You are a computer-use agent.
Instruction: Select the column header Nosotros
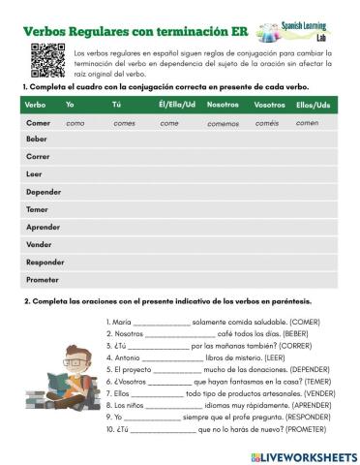pyautogui.click(x=223, y=104)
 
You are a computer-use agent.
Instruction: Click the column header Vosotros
pyautogui.click(x=269, y=104)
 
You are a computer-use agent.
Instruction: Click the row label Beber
pyautogui.click(x=36, y=139)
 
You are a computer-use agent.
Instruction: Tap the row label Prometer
pyautogui.click(x=42, y=279)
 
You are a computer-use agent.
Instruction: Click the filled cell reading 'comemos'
pyautogui.click(x=223, y=124)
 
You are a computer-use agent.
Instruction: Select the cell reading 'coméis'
pyautogui.click(x=267, y=124)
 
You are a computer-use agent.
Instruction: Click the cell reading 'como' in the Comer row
pyautogui.click(x=75, y=124)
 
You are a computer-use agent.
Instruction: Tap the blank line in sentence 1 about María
pyautogui.click(x=162, y=322)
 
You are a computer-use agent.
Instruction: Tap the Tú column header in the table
pyautogui.click(x=117, y=104)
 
